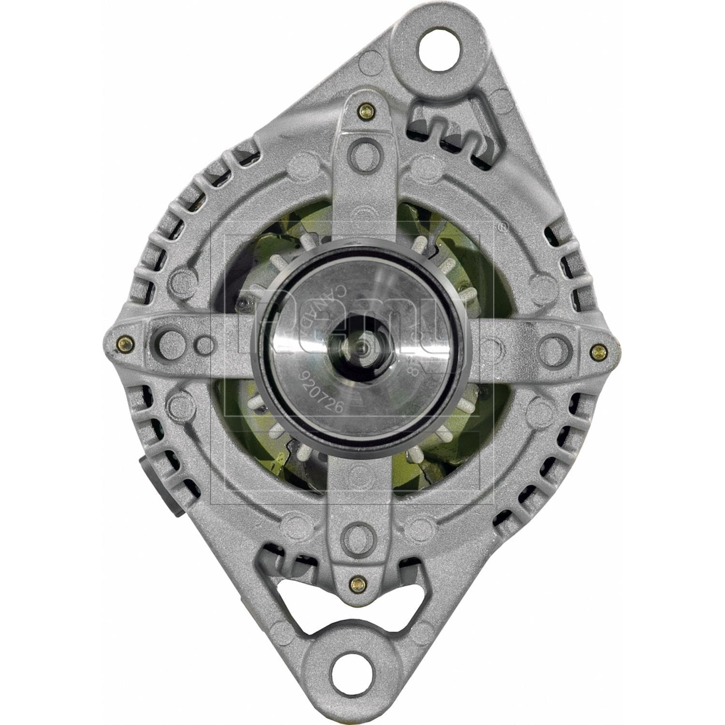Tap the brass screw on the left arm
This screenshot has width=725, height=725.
(x=124, y=344)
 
